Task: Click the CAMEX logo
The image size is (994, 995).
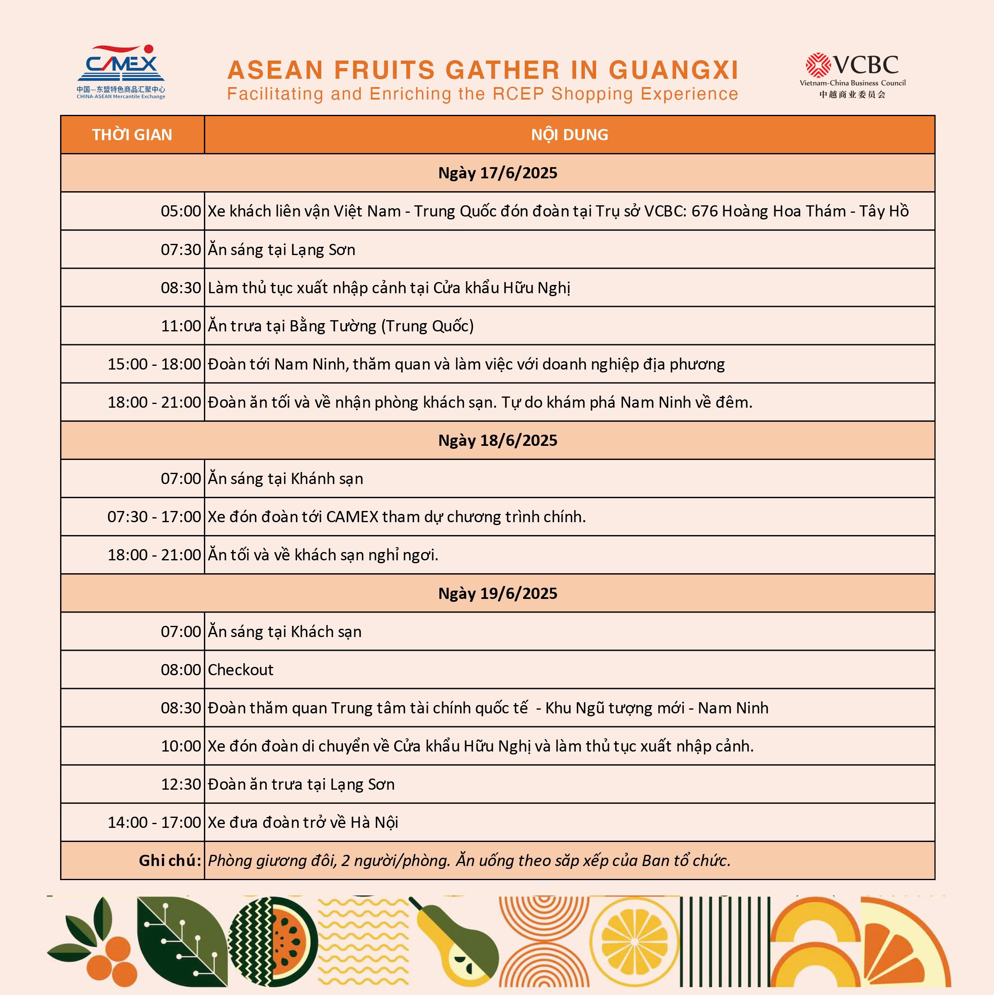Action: (x=121, y=71)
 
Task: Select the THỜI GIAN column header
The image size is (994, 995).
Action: (x=132, y=135)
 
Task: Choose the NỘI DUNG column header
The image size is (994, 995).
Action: (x=569, y=135)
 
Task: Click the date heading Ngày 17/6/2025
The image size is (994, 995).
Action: (x=497, y=173)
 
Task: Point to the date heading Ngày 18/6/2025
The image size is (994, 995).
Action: (x=497, y=440)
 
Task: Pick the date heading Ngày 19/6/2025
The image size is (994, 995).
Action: (x=497, y=593)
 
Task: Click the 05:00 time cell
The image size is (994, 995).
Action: (x=181, y=211)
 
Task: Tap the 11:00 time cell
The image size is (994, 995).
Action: (x=181, y=326)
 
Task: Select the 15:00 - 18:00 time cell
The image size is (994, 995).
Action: (x=154, y=364)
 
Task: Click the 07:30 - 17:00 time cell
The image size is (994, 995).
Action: (x=154, y=516)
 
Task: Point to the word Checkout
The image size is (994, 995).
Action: (x=240, y=669)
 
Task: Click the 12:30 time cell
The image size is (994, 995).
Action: (x=181, y=784)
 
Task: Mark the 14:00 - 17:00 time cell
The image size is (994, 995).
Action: (x=154, y=822)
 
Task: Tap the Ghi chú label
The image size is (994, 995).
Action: (x=170, y=861)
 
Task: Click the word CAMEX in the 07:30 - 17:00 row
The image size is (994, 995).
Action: (x=352, y=516)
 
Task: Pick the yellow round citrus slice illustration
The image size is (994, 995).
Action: (x=634, y=942)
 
